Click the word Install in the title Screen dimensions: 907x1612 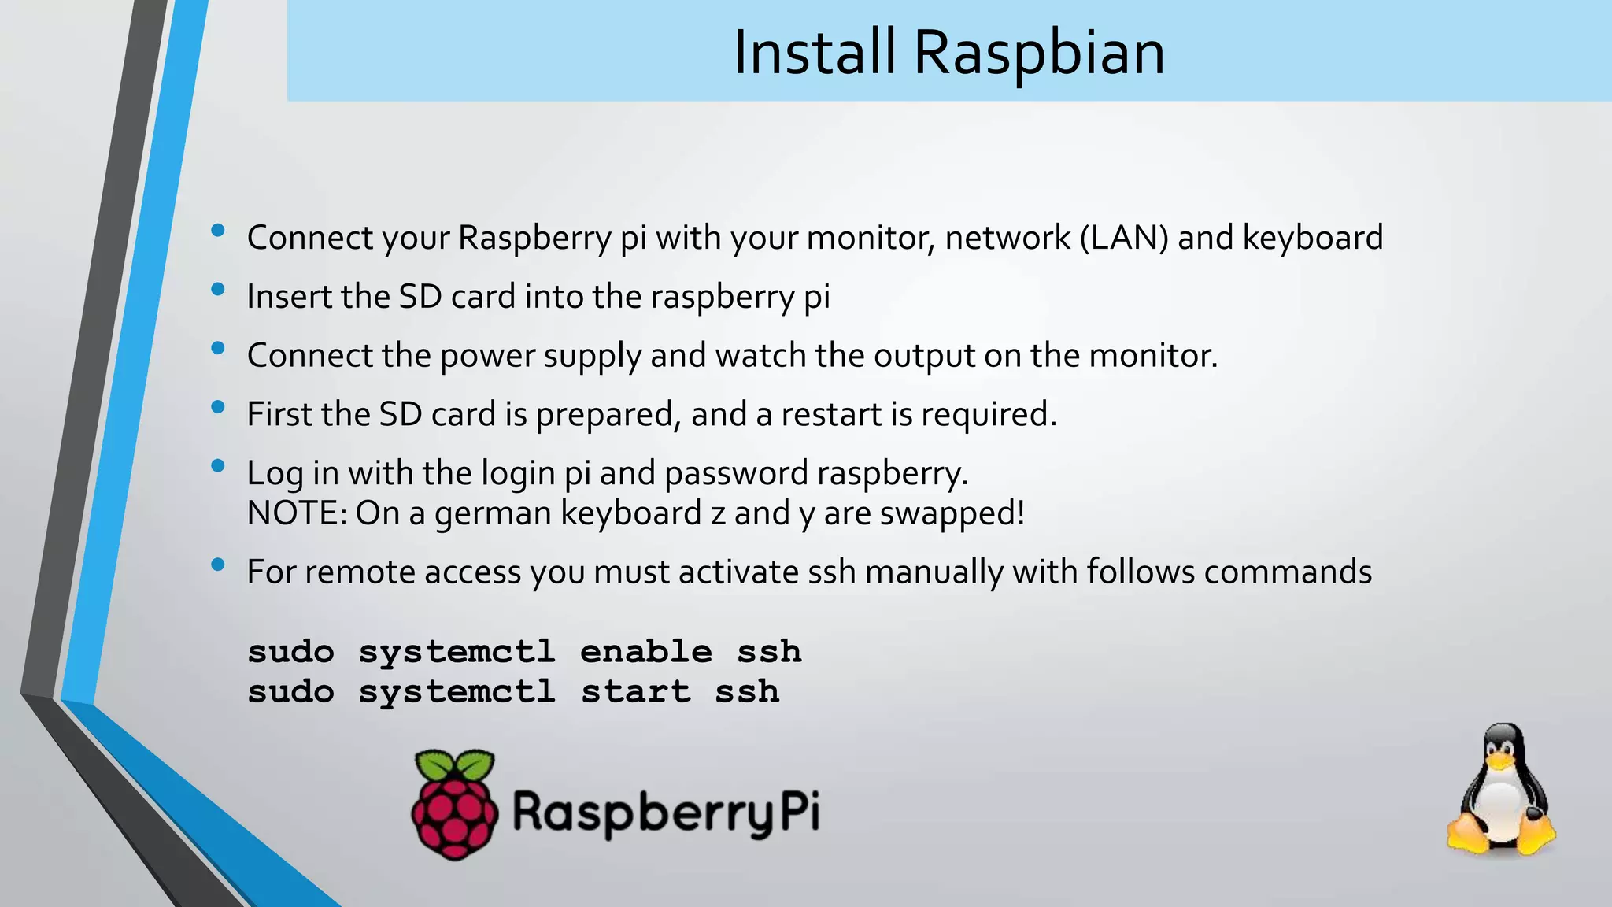coord(814,53)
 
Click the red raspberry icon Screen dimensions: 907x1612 coord(455,811)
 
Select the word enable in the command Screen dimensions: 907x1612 coord(645,652)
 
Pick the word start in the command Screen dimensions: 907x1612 coord(635,692)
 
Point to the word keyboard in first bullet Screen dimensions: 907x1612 coord(1312,238)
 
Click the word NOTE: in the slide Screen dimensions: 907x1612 coord(297,513)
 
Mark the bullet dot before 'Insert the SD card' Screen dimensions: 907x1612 coord(218,289)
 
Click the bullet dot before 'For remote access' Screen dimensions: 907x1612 coord(218,564)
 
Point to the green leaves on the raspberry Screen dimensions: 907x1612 coord(455,764)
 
